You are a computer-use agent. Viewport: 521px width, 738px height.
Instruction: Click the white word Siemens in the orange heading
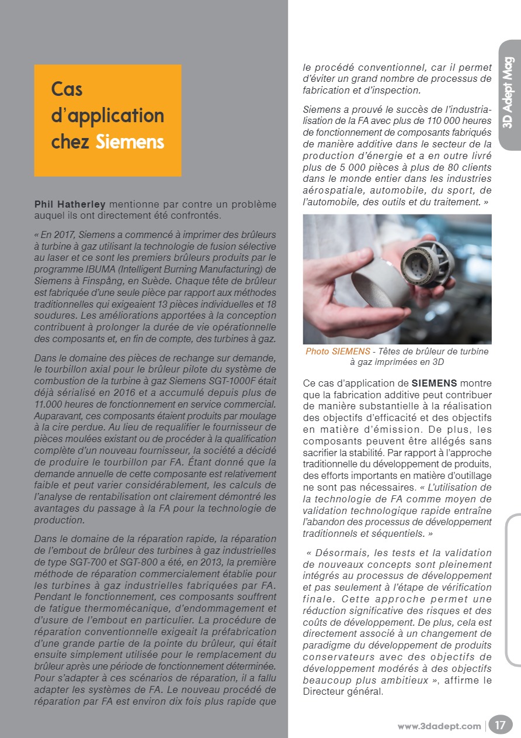click(x=130, y=142)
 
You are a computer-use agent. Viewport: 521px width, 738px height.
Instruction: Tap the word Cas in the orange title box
click(x=67, y=89)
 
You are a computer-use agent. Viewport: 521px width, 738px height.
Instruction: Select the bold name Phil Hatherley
click(x=70, y=205)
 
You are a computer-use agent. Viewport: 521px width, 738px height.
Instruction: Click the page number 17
click(x=500, y=726)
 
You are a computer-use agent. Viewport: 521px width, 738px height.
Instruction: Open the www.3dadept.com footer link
click(x=439, y=726)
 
